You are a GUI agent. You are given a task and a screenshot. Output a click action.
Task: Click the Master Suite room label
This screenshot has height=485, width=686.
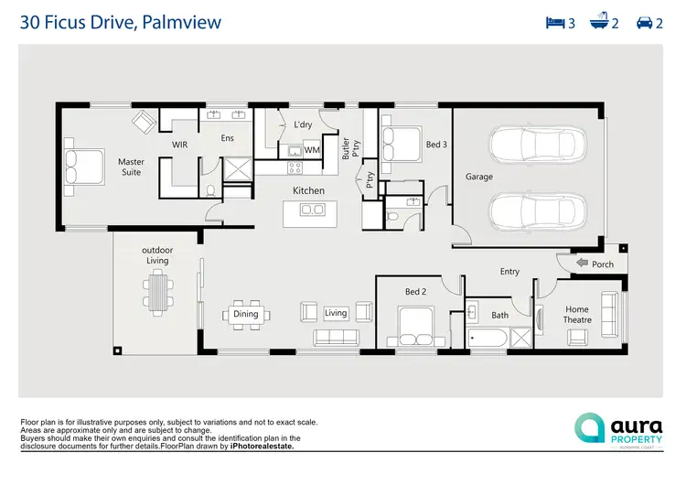131,167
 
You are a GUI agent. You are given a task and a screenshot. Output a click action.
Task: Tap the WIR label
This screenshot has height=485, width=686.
180,145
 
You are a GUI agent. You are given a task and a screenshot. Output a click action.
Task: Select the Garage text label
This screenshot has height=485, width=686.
478,177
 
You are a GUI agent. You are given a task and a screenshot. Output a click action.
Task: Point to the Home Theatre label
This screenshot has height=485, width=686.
577,314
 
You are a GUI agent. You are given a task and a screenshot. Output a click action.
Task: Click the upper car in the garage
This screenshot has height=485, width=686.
537,145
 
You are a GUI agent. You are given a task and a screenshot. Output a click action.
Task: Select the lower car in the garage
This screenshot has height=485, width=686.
537,211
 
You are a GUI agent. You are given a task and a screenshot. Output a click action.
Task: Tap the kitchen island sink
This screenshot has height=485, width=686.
311,210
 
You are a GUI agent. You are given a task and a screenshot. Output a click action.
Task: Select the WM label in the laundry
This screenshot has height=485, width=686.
312,149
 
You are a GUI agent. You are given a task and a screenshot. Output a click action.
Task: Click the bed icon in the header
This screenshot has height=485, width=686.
553,23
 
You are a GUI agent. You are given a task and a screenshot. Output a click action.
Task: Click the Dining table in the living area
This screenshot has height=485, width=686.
245,314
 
